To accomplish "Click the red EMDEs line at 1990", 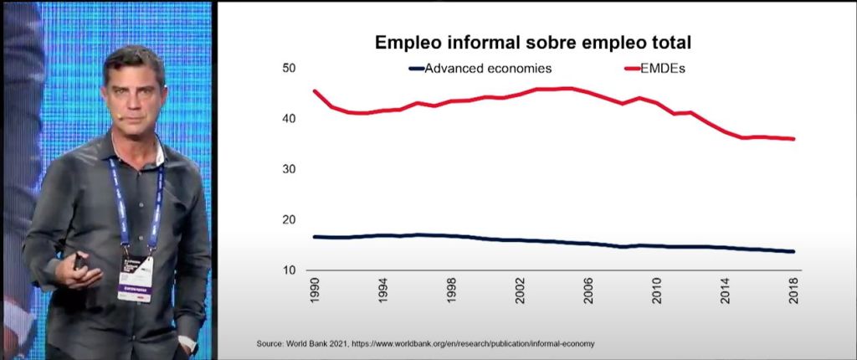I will [x=315, y=91].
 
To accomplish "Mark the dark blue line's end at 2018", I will [x=793, y=251].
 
